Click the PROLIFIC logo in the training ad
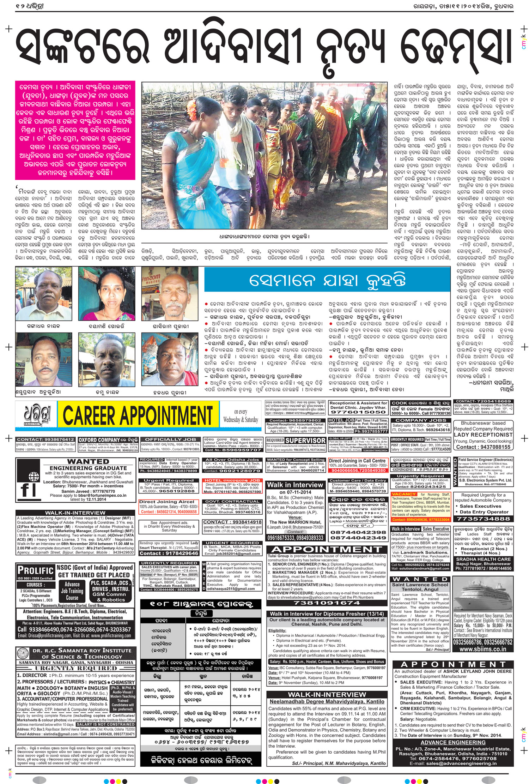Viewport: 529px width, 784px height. tap(35, 570)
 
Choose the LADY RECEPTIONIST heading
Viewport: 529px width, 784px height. tap(483, 435)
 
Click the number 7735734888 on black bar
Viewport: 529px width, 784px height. tap(483, 519)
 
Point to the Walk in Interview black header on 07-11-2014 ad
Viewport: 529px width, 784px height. tap(295, 485)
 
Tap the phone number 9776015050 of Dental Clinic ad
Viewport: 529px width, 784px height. tap(358, 412)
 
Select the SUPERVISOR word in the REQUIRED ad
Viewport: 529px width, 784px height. tap(305, 441)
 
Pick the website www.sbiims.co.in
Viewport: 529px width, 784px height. tap(483, 648)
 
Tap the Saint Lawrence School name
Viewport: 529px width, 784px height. tap(420, 585)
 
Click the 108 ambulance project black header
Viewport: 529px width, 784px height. tap(201, 604)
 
